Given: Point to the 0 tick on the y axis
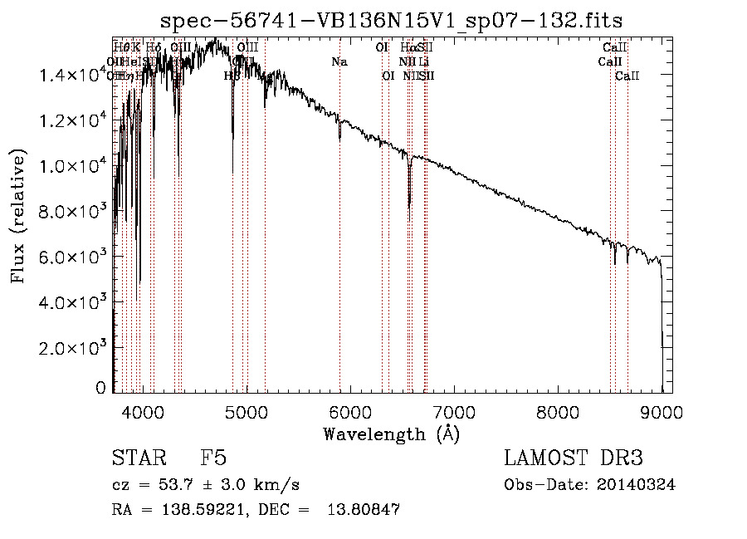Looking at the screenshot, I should pos(101,387).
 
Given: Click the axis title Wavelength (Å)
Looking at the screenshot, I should pos(391,434).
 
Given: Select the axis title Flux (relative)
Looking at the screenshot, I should pos(18,216).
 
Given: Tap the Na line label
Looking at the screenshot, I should pos(339,62).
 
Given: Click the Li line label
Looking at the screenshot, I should pos(423,62).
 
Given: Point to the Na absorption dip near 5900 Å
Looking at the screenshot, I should pos(339,138).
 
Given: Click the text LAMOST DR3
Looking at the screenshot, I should pos(574,458).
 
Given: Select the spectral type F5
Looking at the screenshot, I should pos(213,458).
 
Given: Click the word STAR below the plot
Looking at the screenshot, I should pos(138,458).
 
